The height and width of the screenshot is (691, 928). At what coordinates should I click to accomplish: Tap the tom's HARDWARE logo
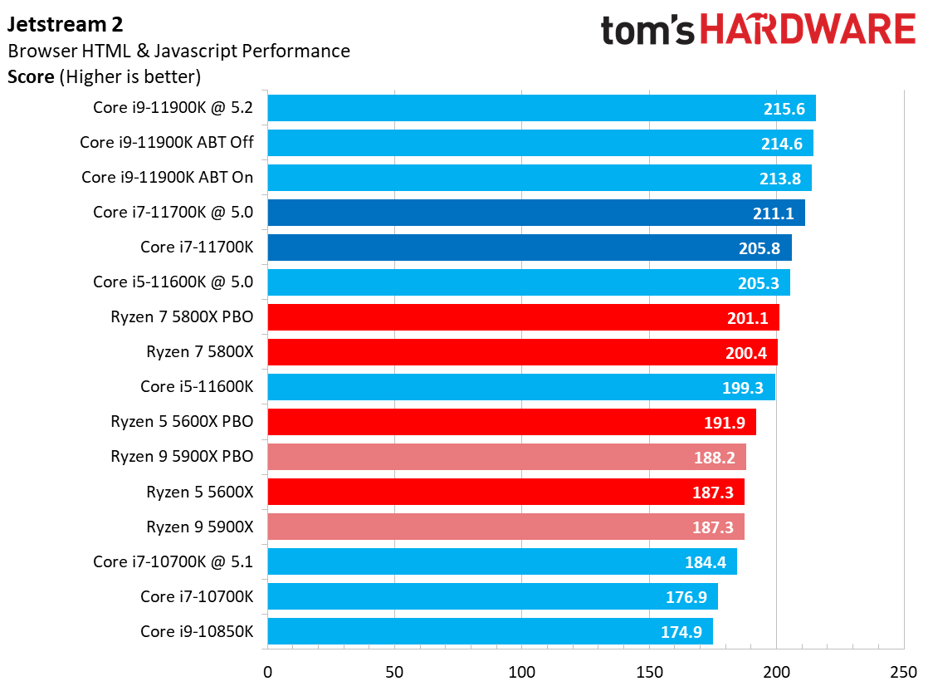tap(757, 31)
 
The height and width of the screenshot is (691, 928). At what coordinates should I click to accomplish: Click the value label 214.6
tap(781, 143)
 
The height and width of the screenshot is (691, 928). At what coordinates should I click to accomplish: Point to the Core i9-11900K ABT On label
tap(167, 178)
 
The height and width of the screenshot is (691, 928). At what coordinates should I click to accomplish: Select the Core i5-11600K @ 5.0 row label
tap(173, 282)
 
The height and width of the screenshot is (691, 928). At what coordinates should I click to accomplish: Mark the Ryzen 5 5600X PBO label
tap(182, 422)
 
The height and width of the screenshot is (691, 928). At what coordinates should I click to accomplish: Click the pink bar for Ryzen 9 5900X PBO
tap(506, 457)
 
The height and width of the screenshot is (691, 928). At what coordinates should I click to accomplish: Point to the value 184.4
tap(705, 562)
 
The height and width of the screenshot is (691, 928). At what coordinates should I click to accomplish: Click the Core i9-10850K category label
tap(197, 631)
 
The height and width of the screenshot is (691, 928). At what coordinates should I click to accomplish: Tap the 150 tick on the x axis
tap(649, 671)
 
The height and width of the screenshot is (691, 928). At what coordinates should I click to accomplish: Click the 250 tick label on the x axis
tap(903, 671)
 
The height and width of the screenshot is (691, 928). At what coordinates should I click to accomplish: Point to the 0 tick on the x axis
tap(267, 671)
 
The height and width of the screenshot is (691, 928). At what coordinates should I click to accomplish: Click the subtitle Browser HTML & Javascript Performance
tap(178, 51)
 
